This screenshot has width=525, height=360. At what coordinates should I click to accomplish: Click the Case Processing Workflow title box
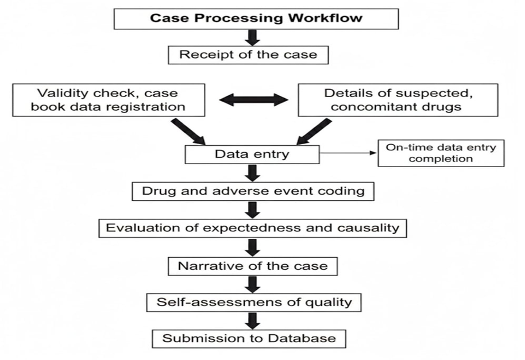[x=256, y=18]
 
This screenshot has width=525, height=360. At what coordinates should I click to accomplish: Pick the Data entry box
[x=252, y=154]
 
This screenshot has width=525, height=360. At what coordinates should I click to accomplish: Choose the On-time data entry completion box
[x=441, y=153]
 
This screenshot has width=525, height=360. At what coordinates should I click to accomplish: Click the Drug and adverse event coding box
[x=253, y=191]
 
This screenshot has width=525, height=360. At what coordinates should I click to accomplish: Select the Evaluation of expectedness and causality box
[x=253, y=227]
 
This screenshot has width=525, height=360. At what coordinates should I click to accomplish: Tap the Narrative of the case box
[x=253, y=266]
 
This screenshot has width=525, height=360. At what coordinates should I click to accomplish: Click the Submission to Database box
[x=249, y=338]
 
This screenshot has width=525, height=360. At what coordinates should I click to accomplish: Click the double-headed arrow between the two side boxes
[x=253, y=100]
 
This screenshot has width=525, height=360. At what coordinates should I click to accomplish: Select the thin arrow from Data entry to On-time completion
[x=348, y=154]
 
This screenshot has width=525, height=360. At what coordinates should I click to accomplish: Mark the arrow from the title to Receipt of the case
[x=253, y=37]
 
